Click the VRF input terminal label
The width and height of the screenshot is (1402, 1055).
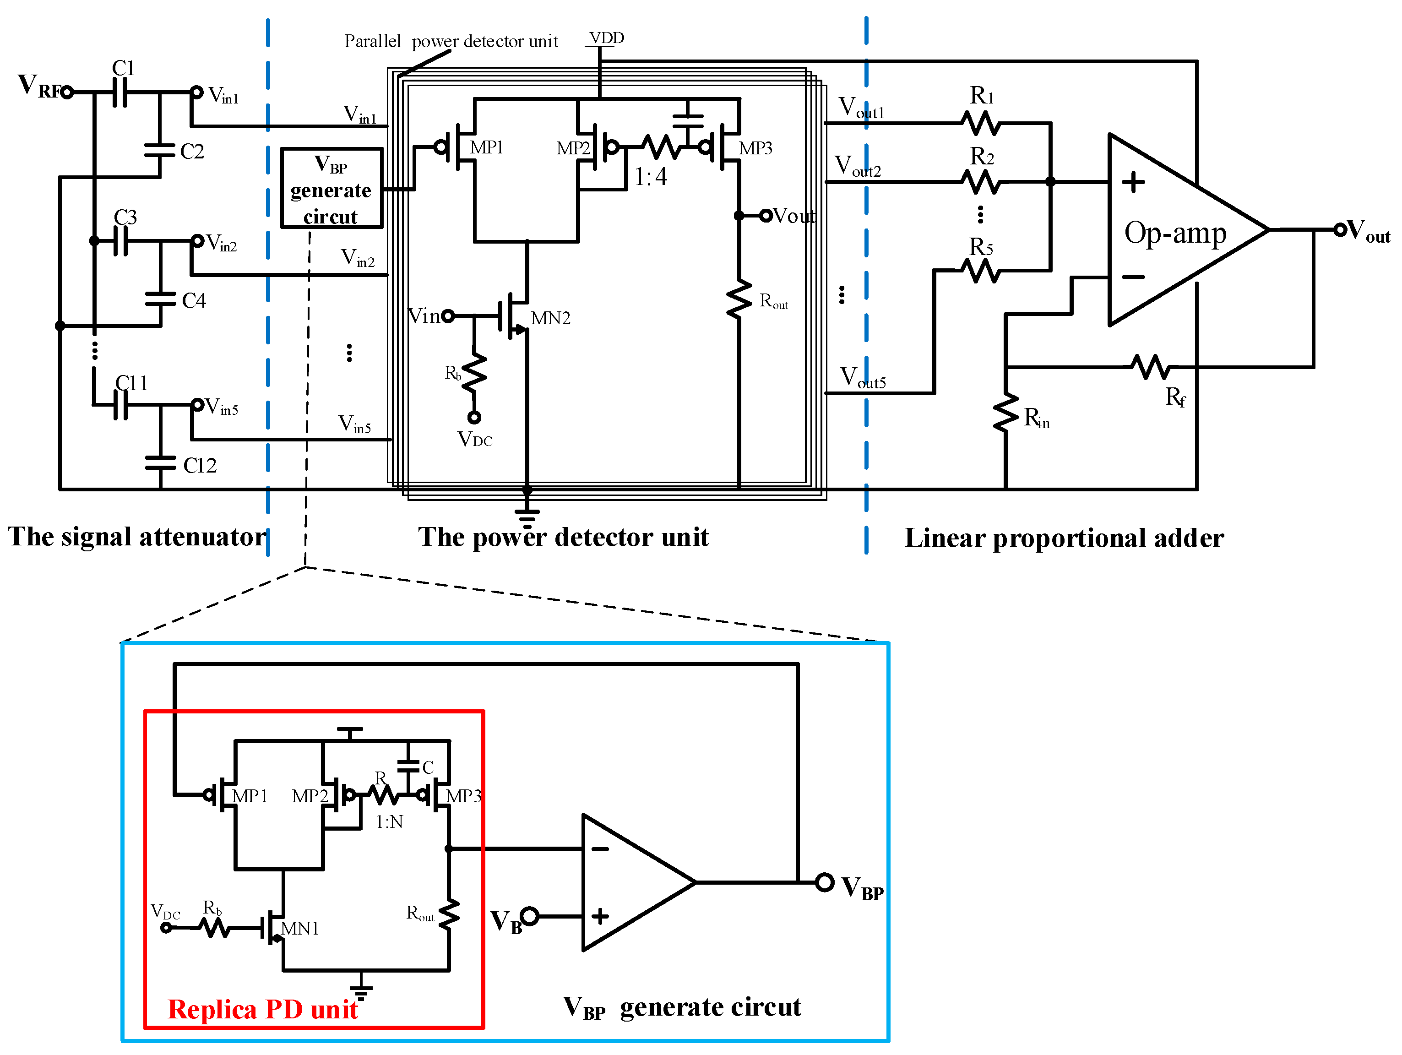point(39,86)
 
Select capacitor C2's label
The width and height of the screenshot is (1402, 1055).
point(191,152)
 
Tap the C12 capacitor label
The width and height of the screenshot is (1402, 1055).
point(200,466)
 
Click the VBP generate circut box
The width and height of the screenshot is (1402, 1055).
point(331,188)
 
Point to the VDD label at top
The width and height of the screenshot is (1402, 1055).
point(607,38)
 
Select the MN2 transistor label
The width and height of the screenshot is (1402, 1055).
point(550,318)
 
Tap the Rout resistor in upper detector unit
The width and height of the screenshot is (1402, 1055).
point(739,299)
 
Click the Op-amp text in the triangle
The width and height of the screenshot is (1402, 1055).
point(1175,234)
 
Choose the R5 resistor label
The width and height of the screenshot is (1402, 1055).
point(980,247)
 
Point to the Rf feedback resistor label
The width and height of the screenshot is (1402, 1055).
point(1175,397)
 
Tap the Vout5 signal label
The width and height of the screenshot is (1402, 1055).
point(863,378)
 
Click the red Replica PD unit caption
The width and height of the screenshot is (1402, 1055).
point(262,1009)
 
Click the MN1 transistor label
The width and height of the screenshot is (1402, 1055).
point(300,929)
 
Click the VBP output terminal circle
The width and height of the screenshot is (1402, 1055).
point(824,882)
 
